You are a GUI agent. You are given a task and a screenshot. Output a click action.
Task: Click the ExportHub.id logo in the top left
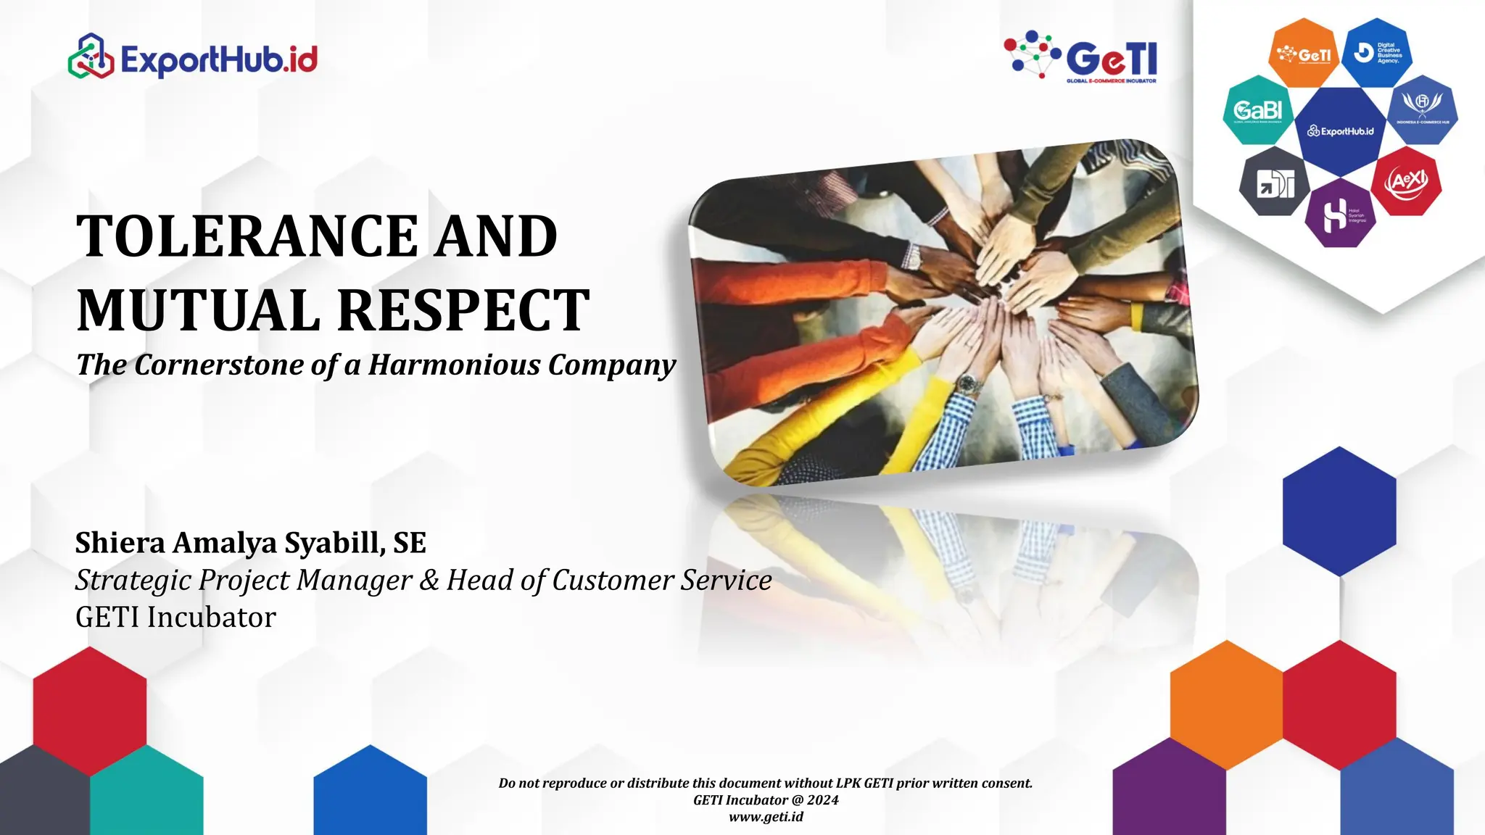click(193, 57)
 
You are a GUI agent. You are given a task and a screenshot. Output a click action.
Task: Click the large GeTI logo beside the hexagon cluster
click(1082, 55)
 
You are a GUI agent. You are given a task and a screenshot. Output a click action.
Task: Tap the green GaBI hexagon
click(1257, 110)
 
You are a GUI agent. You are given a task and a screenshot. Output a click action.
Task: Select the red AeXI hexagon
click(1407, 181)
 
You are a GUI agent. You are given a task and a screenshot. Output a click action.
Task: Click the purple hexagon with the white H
click(1339, 215)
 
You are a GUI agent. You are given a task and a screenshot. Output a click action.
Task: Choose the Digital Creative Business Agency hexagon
click(1377, 53)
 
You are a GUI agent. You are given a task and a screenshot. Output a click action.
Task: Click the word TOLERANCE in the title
click(247, 236)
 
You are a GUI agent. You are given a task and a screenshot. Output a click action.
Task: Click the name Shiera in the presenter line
click(120, 543)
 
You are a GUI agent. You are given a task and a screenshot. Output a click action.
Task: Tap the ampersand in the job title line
click(429, 581)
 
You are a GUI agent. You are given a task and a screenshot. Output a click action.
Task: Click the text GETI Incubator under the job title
click(175, 618)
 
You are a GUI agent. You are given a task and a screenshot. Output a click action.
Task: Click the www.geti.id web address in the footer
click(766, 817)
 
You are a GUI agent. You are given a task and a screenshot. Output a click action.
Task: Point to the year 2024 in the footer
click(822, 800)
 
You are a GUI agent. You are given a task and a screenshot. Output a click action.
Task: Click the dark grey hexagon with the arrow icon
click(1274, 183)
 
